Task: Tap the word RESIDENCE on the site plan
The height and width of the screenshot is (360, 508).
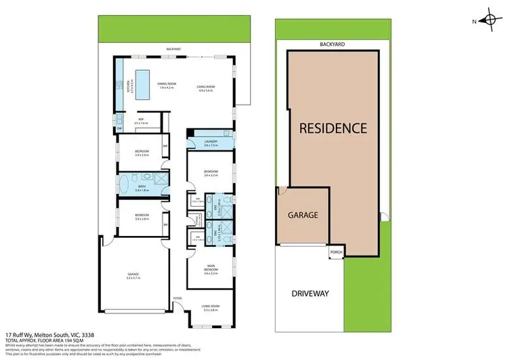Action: pyautogui.click(x=333, y=127)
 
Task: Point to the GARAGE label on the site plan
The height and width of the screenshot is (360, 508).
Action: pyautogui.click(x=302, y=215)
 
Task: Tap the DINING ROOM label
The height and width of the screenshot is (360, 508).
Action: pyautogui.click(x=167, y=86)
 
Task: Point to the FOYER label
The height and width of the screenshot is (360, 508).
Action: pyautogui.click(x=178, y=296)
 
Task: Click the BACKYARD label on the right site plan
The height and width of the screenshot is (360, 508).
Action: pyautogui.click(x=332, y=44)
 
